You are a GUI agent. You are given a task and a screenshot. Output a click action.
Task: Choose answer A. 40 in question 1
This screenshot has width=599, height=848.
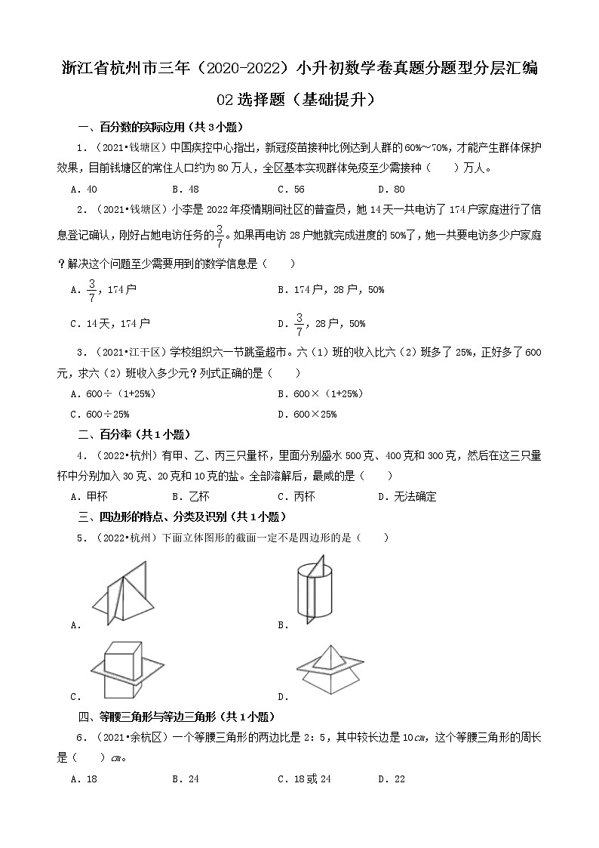83,190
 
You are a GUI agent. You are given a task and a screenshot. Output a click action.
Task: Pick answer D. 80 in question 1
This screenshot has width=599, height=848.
392,190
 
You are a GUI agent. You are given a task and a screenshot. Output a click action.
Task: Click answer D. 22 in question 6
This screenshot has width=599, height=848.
392,779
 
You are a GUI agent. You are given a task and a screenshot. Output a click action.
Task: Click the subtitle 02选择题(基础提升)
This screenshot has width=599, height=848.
299,99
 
